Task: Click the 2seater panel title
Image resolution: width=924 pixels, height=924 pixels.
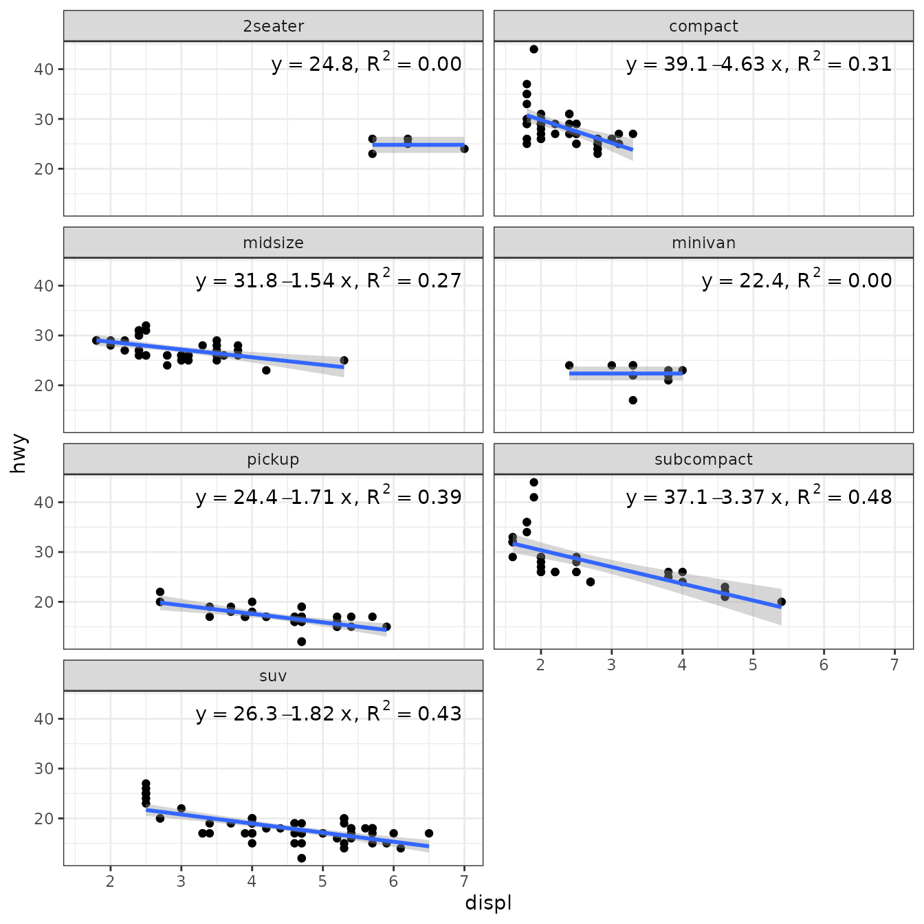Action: pos(273,26)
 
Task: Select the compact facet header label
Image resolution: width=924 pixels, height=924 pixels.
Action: pos(703,26)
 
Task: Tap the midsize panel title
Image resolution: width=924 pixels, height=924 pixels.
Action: pos(273,243)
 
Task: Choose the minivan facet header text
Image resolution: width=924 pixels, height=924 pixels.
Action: pos(703,243)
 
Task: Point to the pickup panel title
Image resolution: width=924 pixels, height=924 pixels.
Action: pos(273,459)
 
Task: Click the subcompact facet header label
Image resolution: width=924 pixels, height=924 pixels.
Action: pos(703,459)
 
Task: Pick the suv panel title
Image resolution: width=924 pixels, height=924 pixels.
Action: pos(273,676)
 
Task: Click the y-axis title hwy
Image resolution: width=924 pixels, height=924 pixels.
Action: pos(19,453)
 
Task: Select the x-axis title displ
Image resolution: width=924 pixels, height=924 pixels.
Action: pos(488,903)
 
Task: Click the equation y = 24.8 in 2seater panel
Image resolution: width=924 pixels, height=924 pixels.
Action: pos(366,64)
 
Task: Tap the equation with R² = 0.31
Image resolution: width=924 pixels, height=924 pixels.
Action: pos(759,64)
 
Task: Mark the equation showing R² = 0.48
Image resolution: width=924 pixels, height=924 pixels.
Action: pos(759,497)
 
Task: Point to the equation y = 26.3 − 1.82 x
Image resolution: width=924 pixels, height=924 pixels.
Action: pos(329,714)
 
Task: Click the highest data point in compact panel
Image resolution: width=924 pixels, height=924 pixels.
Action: pos(533,49)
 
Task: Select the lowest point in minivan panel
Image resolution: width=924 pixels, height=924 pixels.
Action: pos(632,400)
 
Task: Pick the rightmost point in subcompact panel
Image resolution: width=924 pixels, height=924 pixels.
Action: pos(781,602)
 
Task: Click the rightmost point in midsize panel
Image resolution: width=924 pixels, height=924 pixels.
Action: pos(344,360)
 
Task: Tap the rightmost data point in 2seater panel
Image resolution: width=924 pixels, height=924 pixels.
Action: pos(464,148)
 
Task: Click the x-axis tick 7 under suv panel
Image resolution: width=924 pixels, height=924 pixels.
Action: pos(464,881)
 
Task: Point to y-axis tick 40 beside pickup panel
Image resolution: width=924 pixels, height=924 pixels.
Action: pos(44,502)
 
